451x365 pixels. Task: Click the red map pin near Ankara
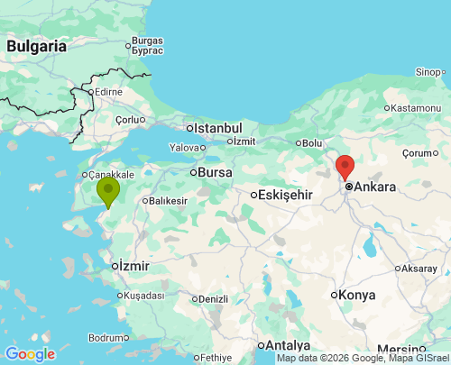(x=345, y=167)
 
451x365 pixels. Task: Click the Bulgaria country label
(x=36, y=45)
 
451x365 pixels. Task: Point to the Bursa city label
(x=215, y=171)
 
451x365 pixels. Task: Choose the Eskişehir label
(x=285, y=195)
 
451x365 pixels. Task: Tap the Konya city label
(x=357, y=295)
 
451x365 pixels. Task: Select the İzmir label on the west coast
(x=133, y=266)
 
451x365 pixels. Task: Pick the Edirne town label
(x=108, y=92)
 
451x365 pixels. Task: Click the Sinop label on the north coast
(x=429, y=72)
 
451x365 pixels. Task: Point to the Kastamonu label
(x=416, y=108)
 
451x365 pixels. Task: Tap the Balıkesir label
(x=168, y=200)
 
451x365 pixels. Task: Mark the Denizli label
(x=213, y=299)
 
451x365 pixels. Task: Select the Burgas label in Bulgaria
(x=147, y=41)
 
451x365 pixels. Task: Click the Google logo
(x=30, y=354)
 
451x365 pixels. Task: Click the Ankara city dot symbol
(x=348, y=187)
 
